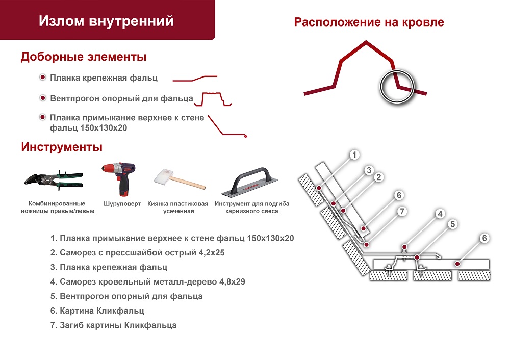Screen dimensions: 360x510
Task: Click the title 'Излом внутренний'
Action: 106,21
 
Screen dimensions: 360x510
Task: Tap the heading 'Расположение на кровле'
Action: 369,22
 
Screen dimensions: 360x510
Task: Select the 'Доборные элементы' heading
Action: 84,57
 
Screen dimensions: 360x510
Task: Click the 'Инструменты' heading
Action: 62,147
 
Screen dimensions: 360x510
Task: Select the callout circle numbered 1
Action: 355,155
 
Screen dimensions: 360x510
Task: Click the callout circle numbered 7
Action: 402,211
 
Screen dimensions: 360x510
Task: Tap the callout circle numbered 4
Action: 440,214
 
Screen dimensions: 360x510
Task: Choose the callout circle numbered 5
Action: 452,224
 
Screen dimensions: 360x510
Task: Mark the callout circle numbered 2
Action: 378,177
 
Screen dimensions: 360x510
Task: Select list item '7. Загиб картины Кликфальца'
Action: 114,325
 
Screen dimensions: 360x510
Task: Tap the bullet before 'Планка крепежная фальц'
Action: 43,78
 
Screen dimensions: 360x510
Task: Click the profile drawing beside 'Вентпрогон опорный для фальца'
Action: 216,98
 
